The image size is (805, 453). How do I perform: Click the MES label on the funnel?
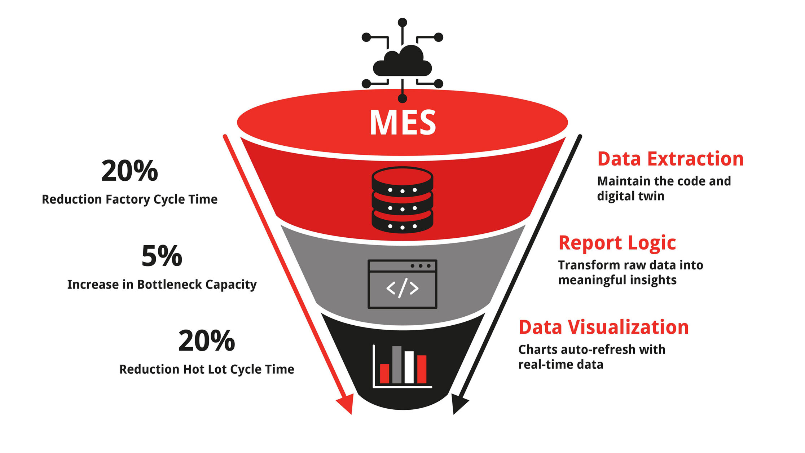(x=402, y=123)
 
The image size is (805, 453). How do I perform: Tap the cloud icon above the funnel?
(x=402, y=62)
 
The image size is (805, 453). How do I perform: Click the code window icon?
(x=402, y=284)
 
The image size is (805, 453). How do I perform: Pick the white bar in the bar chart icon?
(x=409, y=367)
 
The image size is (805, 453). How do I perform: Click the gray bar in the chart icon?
(x=397, y=365)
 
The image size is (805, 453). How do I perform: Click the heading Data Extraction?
(x=670, y=159)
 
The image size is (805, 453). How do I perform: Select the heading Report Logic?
(x=617, y=243)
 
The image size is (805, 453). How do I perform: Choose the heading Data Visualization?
(x=603, y=327)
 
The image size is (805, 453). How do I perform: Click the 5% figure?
(x=162, y=256)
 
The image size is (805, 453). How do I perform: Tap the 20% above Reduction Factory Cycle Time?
(x=129, y=171)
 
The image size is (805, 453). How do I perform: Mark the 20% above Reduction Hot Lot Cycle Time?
(x=207, y=341)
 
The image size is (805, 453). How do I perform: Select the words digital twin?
(x=630, y=197)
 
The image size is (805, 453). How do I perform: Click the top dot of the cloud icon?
(x=402, y=22)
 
